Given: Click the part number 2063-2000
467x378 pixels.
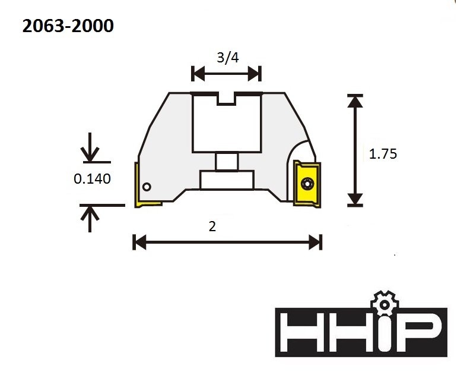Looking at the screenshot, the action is click(68, 26).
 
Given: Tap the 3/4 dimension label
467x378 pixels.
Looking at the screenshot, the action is click(228, 58).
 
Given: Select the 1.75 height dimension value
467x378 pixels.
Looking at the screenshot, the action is click(383, 154).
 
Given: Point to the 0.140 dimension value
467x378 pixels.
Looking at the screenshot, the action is click(92, 179).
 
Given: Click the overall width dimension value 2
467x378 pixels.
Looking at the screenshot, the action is click(212, 226).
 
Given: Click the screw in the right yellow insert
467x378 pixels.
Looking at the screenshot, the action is click(307, 184).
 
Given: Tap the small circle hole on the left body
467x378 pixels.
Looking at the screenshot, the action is click(147, 187).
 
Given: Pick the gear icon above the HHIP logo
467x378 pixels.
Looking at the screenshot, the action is click(385, 304).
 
